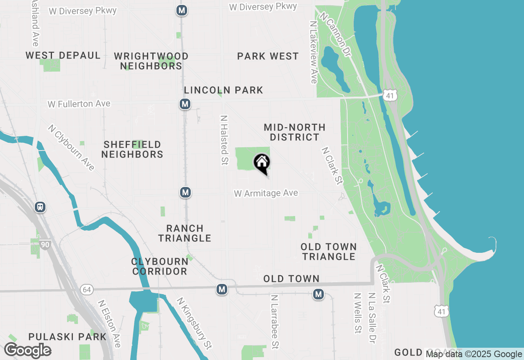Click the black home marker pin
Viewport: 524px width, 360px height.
[262, 163]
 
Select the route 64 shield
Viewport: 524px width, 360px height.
[87, 290]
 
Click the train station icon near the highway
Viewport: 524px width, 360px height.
[40, 207]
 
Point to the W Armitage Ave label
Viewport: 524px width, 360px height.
[266, 193]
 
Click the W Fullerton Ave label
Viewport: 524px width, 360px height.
[79, 104]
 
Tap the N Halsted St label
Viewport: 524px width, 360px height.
[224, 140]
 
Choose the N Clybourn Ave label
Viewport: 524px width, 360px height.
[71, 147]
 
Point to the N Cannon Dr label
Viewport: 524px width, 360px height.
[336, 34]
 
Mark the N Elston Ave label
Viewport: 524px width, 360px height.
[108, 324]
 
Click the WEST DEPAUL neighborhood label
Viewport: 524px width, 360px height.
[63, 56]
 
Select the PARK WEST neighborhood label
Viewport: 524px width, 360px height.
[268, 56]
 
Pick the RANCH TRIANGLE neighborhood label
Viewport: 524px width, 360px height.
[185, 233]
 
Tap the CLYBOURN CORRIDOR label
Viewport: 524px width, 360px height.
[159, 266]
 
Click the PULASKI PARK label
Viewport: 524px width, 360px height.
[68, 337]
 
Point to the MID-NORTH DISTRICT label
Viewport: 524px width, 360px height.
[295, 132]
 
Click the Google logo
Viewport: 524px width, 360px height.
[28, 351]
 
